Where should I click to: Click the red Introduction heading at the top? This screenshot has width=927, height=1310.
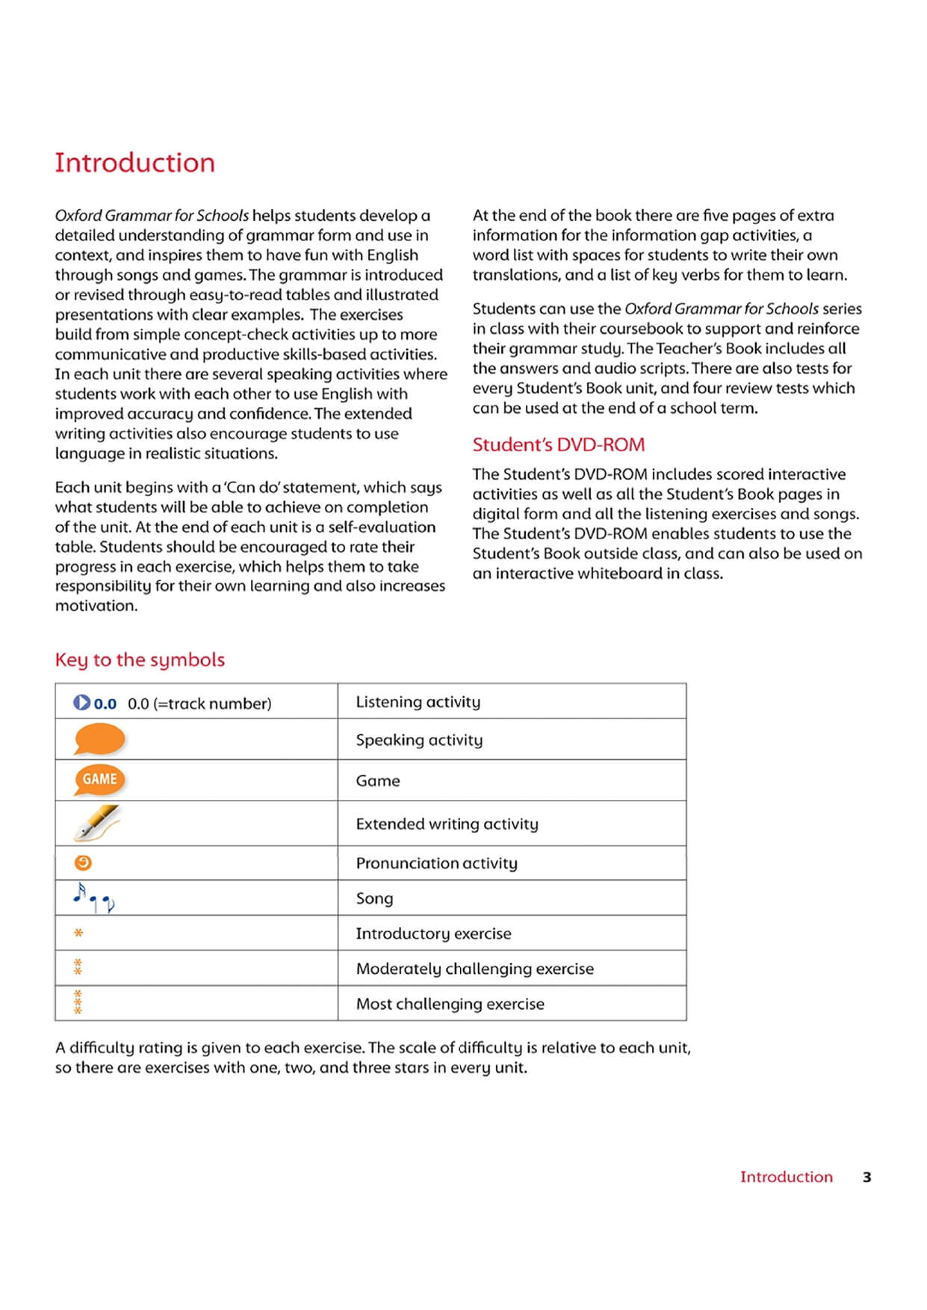[x=134, y=163]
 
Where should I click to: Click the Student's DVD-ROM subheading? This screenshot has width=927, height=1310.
[x=558, y=444]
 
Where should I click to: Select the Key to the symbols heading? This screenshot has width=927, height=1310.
[x=140, y=659]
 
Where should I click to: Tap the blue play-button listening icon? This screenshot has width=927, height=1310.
[x=81, y=703]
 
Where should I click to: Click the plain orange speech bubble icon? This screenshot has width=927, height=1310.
[x=99, y=739]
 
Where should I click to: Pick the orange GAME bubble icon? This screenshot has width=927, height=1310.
[x=99, y=780]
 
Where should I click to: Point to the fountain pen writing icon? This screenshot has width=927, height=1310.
[x=97, y=822]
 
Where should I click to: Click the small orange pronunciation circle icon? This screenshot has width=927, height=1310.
[x=83, y=863]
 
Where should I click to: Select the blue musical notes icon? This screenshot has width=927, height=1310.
[x=93, y=898]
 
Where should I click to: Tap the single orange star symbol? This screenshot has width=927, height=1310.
[x=78, y=933]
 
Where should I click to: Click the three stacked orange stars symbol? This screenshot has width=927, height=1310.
[x=78, y=1002]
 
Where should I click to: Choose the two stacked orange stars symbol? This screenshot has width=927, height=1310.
[x=78, y=967]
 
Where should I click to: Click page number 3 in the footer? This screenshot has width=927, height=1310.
[x=866, y=1177]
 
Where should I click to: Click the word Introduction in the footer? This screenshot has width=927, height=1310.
[x=786, y=1177]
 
